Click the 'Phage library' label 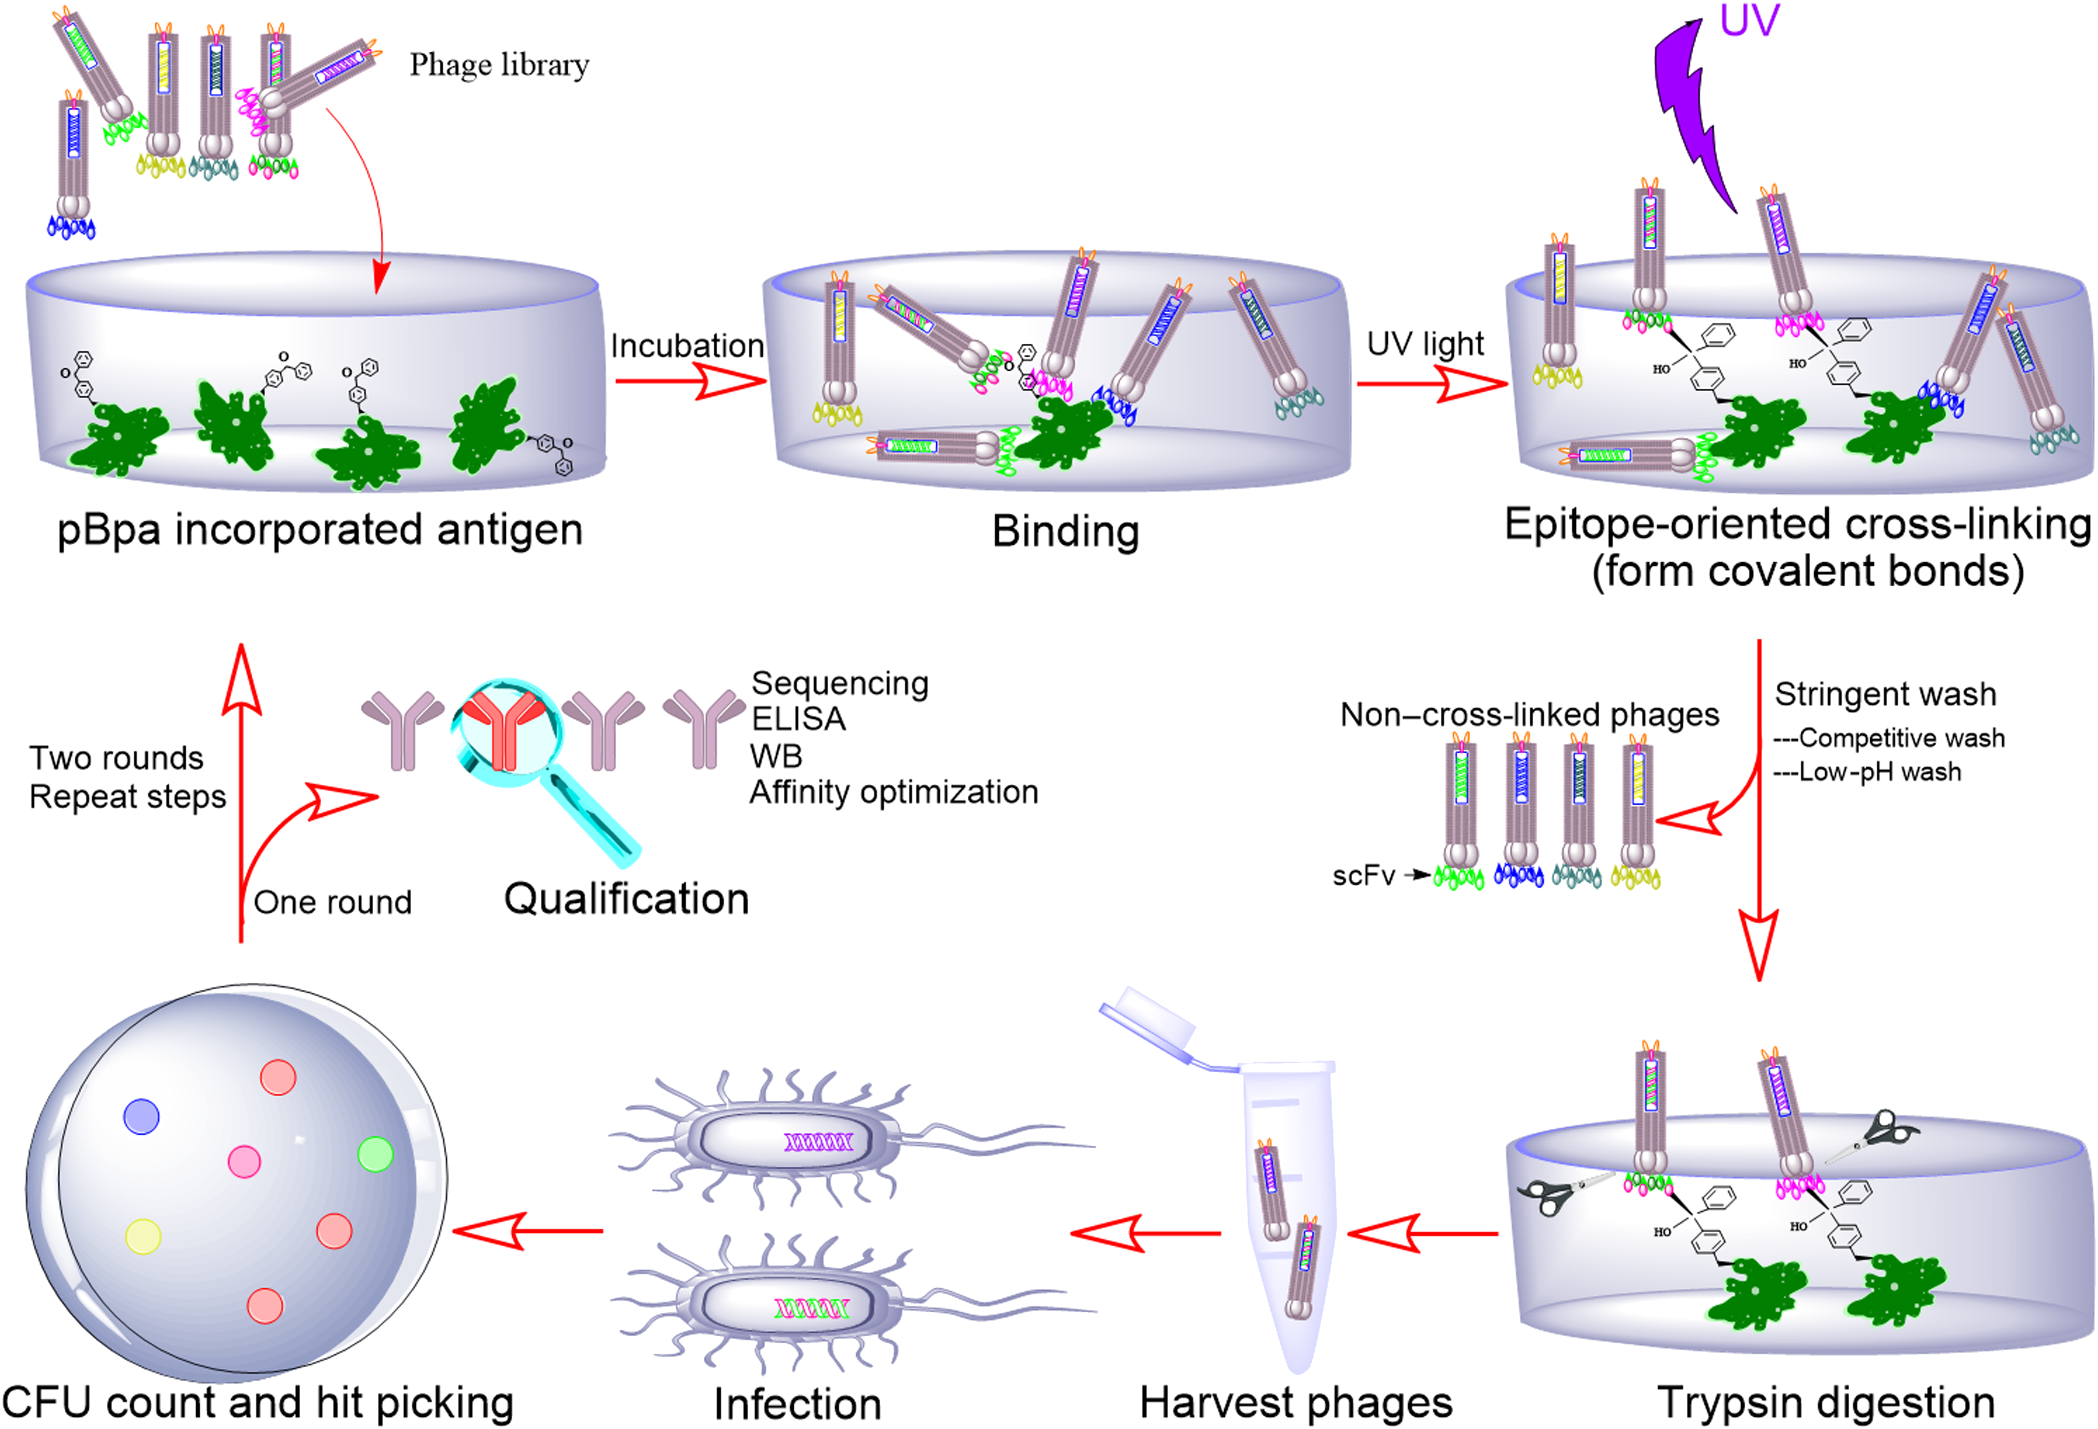click(499, 65)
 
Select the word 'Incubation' click(687, 346)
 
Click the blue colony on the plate click(141, 1117)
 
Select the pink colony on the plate click(244, 1161)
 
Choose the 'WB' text click(775, 755)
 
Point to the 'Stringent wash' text click(1885, 694)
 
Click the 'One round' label click(332, 902)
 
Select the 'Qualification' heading click(627, 899)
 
